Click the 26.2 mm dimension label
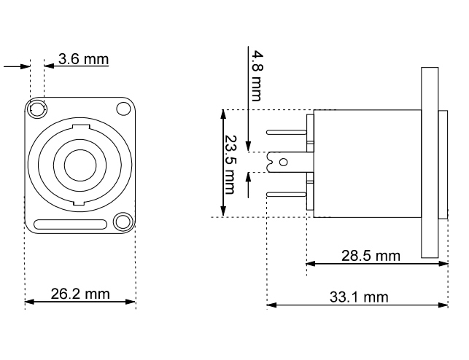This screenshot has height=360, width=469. (x=80, y=294)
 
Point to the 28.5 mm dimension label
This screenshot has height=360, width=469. (x=371, y=255)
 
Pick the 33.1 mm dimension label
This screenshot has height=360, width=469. (x=359, y=297)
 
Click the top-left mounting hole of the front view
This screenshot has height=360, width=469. (x=36, y=109)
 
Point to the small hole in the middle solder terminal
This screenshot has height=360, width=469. (x=286, y=163)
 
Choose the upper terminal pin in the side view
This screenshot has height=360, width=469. (x=287, y=133)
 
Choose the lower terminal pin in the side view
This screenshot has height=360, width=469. (x=287, y=194)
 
